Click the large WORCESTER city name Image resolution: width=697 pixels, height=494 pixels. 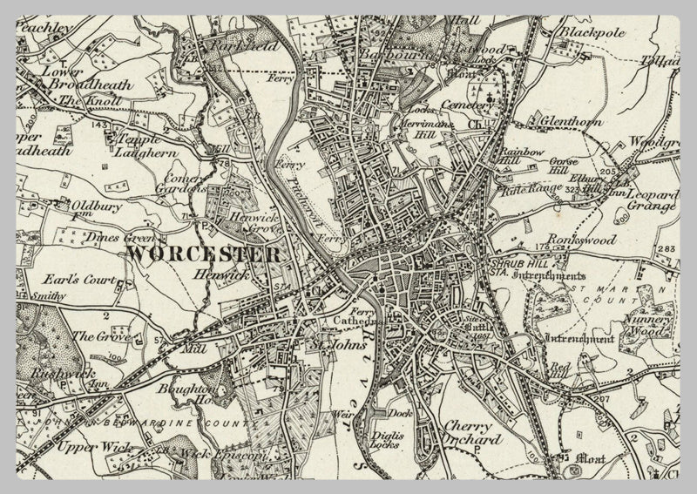(204, 254)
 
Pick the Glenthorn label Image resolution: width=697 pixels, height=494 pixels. (572, 122)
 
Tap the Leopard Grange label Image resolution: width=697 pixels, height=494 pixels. (653, 200)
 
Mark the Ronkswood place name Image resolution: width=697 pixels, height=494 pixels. (581, 239)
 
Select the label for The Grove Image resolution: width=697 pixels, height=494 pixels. (93, 335)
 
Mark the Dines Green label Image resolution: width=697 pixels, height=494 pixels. (120, 237)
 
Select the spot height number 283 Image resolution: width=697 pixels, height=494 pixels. (667, 250)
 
